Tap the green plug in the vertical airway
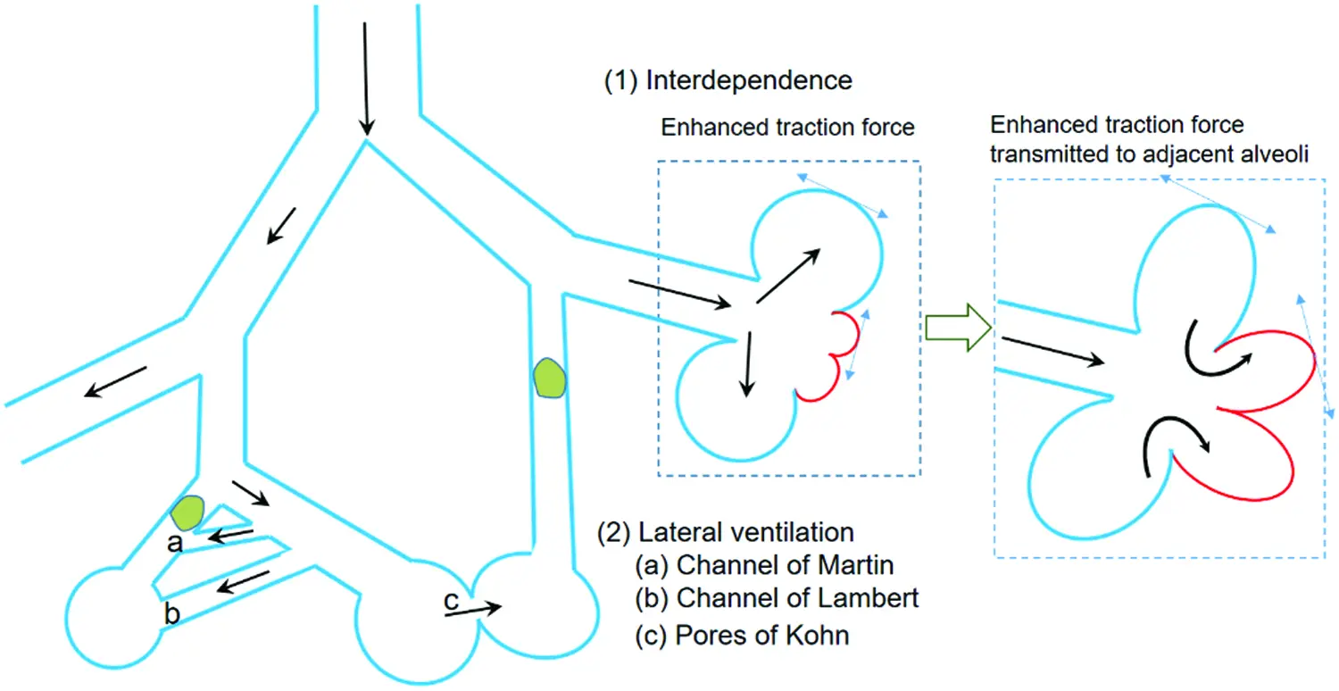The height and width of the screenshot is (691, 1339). point(550,378)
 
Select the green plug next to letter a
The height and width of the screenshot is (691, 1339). point(187,512)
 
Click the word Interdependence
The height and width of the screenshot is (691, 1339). point(749,80)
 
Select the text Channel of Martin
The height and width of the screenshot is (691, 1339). point(785,565)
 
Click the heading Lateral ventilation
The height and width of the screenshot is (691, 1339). point(746,533)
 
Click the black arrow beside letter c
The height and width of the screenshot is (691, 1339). point(473,610)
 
